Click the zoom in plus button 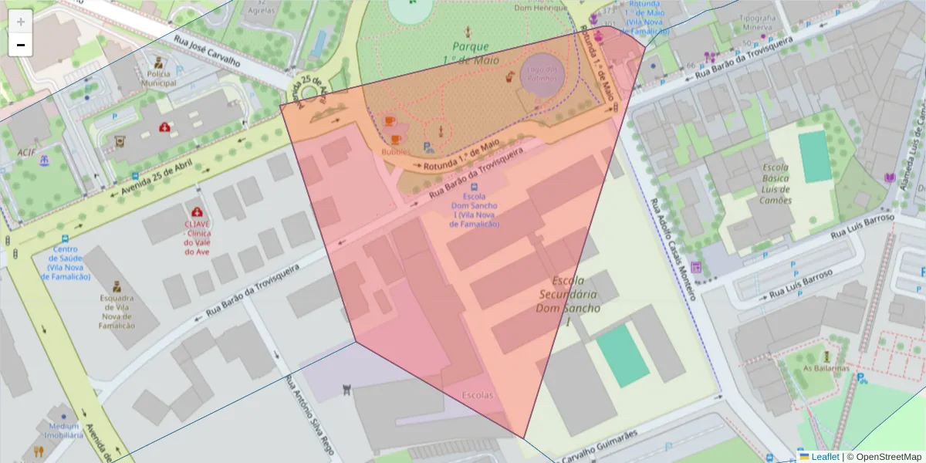[21, 22]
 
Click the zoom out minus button [21, 45]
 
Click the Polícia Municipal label [158, 78]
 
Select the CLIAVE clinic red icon [198, 211]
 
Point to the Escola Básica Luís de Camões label [776, 184]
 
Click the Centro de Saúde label [68, 262]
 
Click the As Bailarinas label [826, 367]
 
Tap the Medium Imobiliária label [64, 431]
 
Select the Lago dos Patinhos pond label [543, 74]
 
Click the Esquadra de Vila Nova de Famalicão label [117, 311]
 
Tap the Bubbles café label [396, 152]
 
